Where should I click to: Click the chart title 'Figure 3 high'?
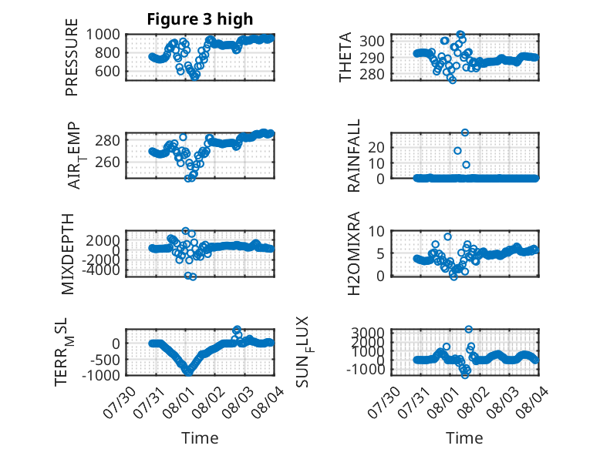200,19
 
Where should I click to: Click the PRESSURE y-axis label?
72,57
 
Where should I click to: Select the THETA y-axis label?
346,57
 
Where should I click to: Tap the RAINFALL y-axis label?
353,155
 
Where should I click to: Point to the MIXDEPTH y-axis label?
68,253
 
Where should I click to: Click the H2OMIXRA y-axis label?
353,253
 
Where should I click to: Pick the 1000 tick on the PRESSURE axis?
103,35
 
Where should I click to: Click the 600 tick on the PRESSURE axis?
107,71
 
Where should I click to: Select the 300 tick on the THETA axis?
372,41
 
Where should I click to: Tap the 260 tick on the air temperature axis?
107,162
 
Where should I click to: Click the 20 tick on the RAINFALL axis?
376,147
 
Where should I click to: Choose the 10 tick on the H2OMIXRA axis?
376,231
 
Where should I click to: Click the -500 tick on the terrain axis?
105,359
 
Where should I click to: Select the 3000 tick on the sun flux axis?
368,331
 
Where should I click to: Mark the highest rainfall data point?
465,132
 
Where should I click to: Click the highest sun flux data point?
468,329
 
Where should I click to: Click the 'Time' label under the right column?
464,437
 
